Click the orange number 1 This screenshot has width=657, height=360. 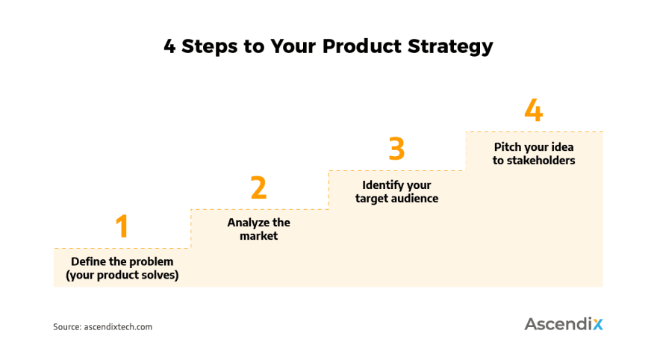click(122, 226)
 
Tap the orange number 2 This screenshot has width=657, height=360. click(258, 187)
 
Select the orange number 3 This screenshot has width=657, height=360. click(396, 149)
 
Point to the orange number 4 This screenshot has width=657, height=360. click(533, 110)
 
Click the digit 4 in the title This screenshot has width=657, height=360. click(169, 46)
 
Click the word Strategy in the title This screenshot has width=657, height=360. click(450, 46)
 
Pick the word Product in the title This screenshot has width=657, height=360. click(362, 46)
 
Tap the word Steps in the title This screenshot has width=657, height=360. click(210, 46)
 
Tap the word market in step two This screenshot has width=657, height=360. click(258, 236)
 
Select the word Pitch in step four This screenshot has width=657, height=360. click(507, 147)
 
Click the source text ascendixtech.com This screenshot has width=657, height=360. click(118, 327)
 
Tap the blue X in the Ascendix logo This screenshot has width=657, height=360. click(597, 324)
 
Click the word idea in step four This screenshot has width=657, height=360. click(563, 147)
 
